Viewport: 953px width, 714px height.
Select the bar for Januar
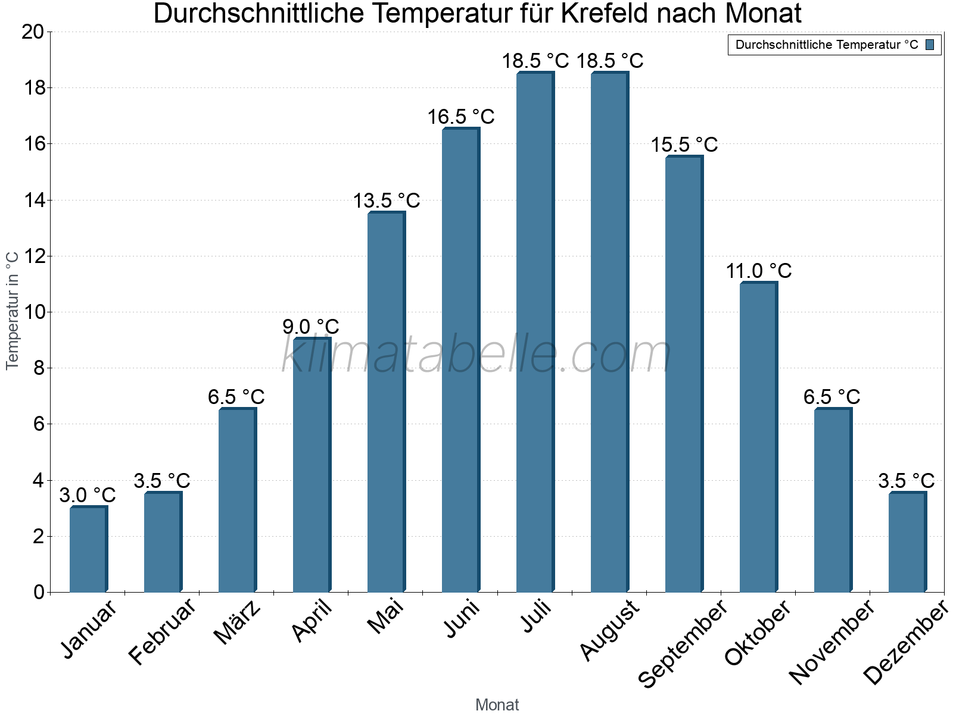pyautogui.click(x=88, y=549)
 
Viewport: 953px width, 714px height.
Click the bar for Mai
pyautogui.click(x=386, y=402)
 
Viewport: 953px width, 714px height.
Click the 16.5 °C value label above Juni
pyautogui.click(x=460, y=117)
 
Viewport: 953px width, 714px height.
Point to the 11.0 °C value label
pyautogui.click(x=758, y=271)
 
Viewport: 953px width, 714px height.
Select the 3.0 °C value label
pyautogui.click(x=88, y=495)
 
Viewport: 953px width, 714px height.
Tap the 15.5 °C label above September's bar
pyautogui.click(x=684, y=145)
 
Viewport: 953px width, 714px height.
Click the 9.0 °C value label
pyautogui.click(x=310, y=327)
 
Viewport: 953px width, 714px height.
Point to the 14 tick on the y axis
pyautogui.click(x=33, y=201)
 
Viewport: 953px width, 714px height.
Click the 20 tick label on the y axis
pyautogui.click(x=33, y=32)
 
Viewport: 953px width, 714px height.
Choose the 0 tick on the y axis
pyautogui.click(x=39, y=592)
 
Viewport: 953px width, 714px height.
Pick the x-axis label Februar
pyautogui.click(x=163, y=632)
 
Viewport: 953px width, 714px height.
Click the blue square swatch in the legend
pyautogui.click(x=930, y=45)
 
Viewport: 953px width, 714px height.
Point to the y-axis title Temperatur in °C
pyautogui.click(x=13, y=311)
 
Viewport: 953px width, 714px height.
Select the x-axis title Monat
pyautogui.click(x=497, y=705)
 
